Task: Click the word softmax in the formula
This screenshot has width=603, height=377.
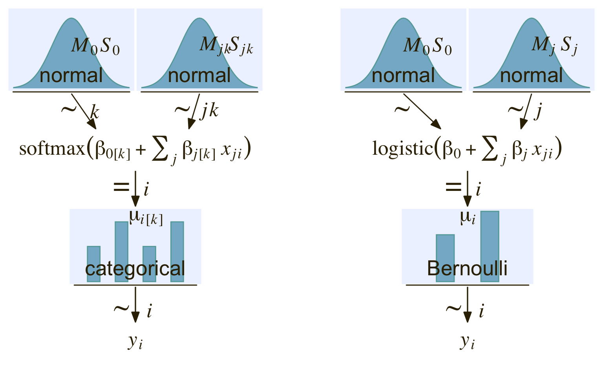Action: click(x=52, y=149)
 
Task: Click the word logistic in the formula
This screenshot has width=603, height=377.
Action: click(x=402, y=149)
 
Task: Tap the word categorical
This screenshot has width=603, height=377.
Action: click(x=135, y=269)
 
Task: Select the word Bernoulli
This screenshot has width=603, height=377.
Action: click(x=467, y=269)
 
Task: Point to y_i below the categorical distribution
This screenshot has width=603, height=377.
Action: click(x=135, y=342)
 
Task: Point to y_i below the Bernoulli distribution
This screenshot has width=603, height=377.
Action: click(x=467, y=342)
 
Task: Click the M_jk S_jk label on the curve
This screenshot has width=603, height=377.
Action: click(x=226, y=46)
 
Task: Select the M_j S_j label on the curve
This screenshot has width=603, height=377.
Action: click(x=554, y=46)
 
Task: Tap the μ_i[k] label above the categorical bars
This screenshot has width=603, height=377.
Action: click(x=146, y=217)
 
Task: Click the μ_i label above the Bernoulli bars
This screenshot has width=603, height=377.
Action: click(x=468, y=217)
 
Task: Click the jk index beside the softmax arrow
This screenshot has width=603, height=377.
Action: click(x=210, y=112)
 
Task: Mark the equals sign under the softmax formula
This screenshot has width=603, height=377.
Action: click(x=121, y=188)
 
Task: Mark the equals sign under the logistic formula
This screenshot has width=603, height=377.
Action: click(x=453, y=188)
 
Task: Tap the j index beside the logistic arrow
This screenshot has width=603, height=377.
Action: click(x=538, y=112)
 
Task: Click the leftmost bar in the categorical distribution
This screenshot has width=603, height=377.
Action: click(x=93, y=264)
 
